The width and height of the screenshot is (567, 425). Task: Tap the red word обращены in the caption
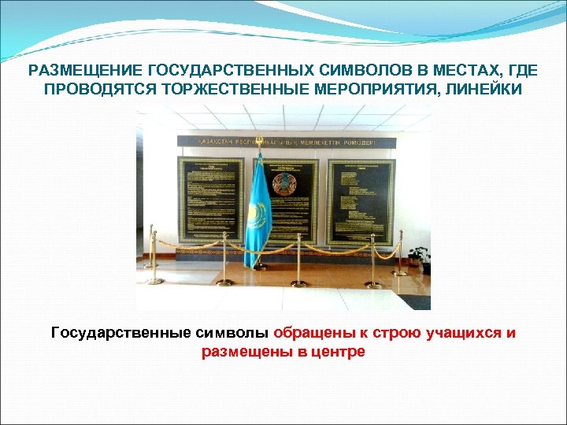pos(311,333)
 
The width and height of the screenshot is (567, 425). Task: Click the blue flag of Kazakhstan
pos(258,209)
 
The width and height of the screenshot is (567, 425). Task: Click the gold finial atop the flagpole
pos(258,155)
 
